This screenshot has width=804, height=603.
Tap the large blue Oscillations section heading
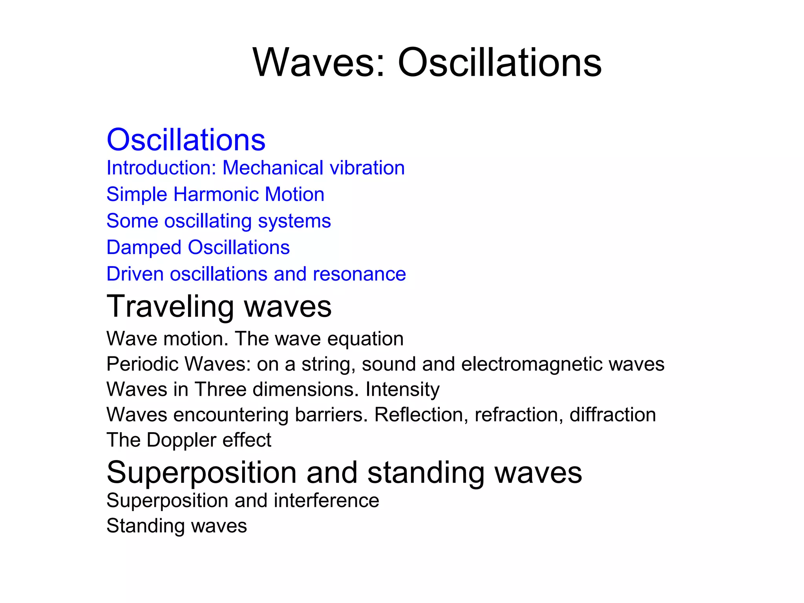coord(186,140)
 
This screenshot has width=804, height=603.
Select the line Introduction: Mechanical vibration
coord(256,168)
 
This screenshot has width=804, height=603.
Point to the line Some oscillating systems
coord(219,221)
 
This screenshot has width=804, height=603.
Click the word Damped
coord(144,248)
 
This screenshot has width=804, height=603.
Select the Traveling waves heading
coord(219,306)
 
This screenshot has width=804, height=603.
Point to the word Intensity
coord(402,389)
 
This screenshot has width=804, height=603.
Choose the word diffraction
coord(612,415)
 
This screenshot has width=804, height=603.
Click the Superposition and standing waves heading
coord(344,472)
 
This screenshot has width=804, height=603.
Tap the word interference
coord(327,501)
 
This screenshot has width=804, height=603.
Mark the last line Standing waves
coord(177,526)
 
